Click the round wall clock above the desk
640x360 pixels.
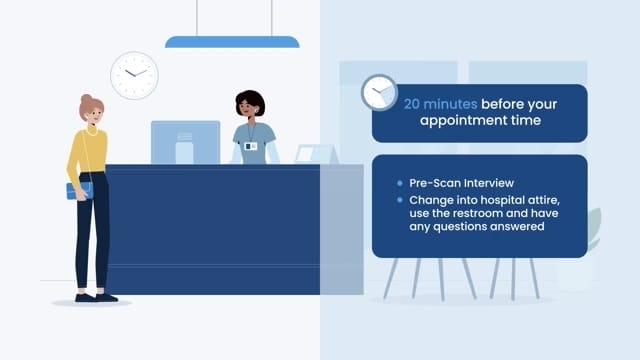134,75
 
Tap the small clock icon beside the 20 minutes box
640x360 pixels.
379,92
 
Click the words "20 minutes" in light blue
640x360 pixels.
440,103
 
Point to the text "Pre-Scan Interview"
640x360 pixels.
461,183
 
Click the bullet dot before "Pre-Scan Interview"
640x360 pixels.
398,184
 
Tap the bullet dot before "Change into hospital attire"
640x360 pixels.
398,200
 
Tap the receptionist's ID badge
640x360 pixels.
251,146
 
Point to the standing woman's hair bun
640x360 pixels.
86,100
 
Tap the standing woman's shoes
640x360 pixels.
95,297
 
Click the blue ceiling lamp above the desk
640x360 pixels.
232,42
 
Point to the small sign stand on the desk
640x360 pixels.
316,154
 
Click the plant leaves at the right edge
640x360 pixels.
594,228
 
